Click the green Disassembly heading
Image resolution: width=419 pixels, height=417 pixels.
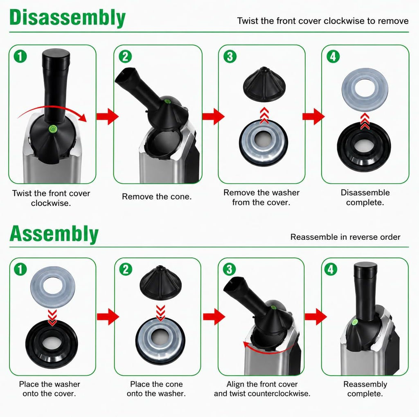click(68, 18)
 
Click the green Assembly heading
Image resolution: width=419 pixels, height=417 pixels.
click(54, 234)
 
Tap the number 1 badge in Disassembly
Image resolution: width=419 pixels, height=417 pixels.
click(20, 56)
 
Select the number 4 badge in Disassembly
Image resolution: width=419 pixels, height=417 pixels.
click(333, 56)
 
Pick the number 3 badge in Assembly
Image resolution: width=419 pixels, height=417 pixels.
click(229, 269)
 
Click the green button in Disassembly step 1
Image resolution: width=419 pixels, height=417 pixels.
click(52, 129)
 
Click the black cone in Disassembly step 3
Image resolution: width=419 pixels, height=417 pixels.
click(264, 84)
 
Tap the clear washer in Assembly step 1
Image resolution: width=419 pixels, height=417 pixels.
click(53, 287)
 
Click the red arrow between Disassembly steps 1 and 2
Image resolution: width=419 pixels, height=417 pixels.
click(108, 117)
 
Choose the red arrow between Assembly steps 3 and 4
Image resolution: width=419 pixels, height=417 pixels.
click(315, 316)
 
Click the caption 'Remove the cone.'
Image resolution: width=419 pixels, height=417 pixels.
click(157, 197)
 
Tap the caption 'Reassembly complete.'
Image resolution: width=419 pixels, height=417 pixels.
click(365, 389)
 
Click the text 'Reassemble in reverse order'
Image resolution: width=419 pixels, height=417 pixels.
click(345, 237)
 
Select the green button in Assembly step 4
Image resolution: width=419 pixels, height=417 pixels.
click(355, 322)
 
